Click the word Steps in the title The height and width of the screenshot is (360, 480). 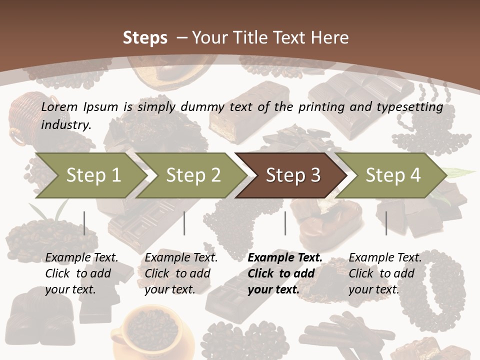[x=145, y=37]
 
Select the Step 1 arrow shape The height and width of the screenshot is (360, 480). [x=90, y=175]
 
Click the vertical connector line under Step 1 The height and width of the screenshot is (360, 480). [x=84, y=223]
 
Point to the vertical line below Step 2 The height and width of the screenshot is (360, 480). [x=184, y=223]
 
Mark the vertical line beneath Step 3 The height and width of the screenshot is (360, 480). [x=285, y=223]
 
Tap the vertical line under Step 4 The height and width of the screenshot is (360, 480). [x=386, y=223]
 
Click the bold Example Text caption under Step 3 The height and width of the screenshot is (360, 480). [x=284, y=273]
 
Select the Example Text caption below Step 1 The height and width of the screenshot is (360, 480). [x=81, y=273]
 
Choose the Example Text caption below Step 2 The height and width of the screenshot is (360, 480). [x=181, y=273]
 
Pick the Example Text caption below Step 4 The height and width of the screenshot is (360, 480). [x=385, y=273]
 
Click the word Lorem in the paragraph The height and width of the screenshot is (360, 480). [x=59, y=107]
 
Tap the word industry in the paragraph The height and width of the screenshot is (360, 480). [x=65, y=125]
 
